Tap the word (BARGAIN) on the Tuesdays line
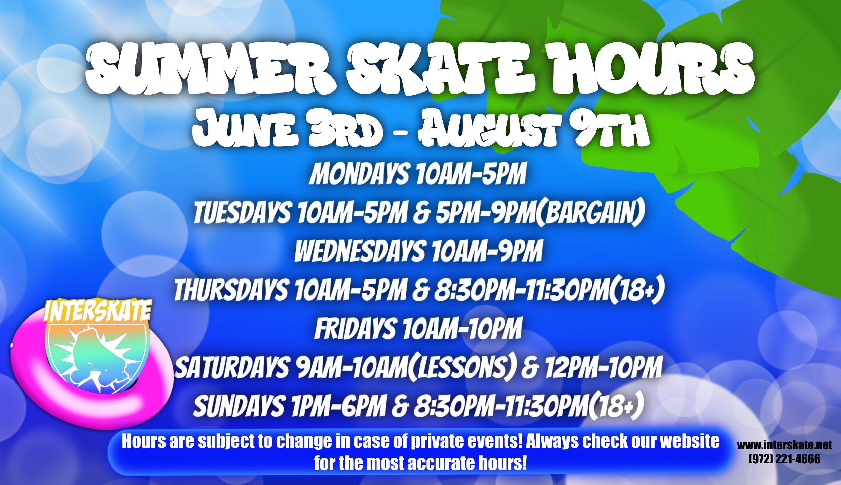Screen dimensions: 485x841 (x=589, y=213)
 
